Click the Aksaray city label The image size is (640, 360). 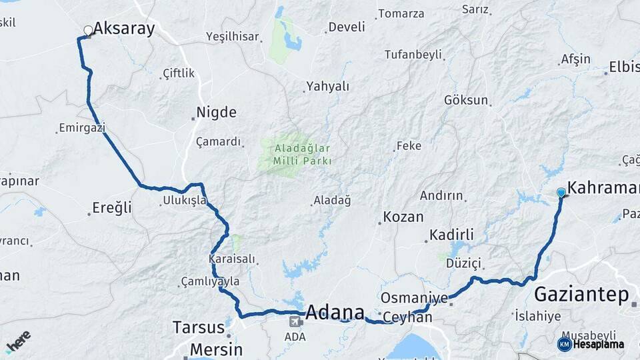pyautogui.click(x=124, y=28)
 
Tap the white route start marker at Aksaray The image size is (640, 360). pyautogui.click(x=88, y=30)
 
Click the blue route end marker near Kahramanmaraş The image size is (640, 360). pyautogui.click(x=561, y=193)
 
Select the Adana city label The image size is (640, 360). pyautogui.click(x=335, y=312)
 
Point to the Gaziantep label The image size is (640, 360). pyautogui.click(x=582, y=293)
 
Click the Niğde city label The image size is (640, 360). pyautogui.click(x=216, y=112)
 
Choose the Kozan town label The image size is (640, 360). pyautogui.click(x=403, y=217)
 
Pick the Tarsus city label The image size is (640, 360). pyautogui.click(x=198, y=327)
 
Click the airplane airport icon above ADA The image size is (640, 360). pyautogui.click(x=294, y=321)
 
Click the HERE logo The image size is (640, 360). pyautogui.click(x=18, y=341)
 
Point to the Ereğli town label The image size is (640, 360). pyautogui.click(x=112, y=208)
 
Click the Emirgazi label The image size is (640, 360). pyautogui.click(x=82, y=127)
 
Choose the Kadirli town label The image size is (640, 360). pyautogui.click(x=451, y=235)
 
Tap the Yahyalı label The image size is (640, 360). pyautogui.click(x=327, y=87)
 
